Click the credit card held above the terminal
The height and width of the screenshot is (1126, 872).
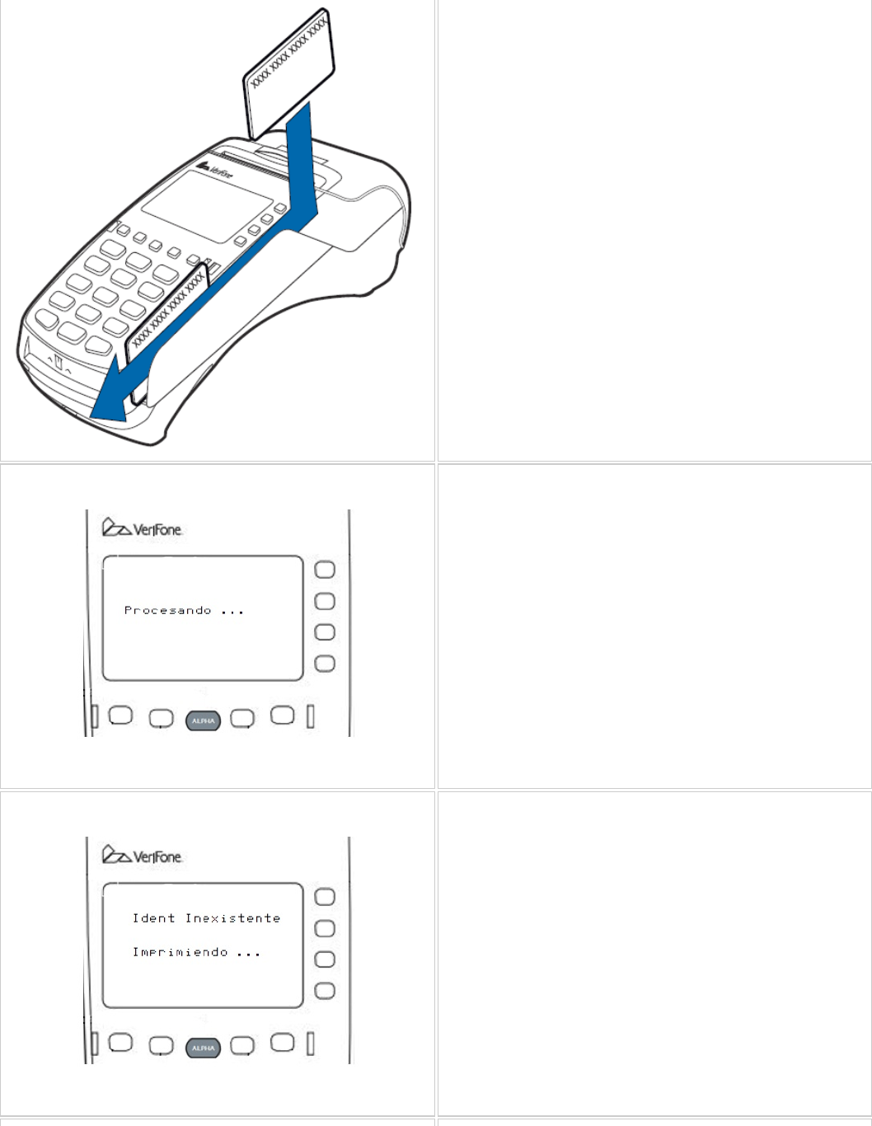coord(289,74)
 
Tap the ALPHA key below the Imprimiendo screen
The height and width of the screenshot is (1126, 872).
coord(203,1049)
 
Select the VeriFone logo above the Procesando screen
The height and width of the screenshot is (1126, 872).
coord(142,528)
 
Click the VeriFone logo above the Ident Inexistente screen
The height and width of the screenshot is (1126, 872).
coord(142,856)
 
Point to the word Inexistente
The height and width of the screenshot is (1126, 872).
coord(232,918)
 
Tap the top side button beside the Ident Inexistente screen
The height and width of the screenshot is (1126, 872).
coord(326,897)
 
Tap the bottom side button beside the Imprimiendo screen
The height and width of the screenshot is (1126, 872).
coord(326,991)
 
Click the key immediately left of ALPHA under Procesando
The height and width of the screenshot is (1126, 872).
coord(161,719)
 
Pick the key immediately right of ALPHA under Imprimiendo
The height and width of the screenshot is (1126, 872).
coord(242,1045)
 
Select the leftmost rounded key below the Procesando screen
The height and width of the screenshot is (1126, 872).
coord(120,715)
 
